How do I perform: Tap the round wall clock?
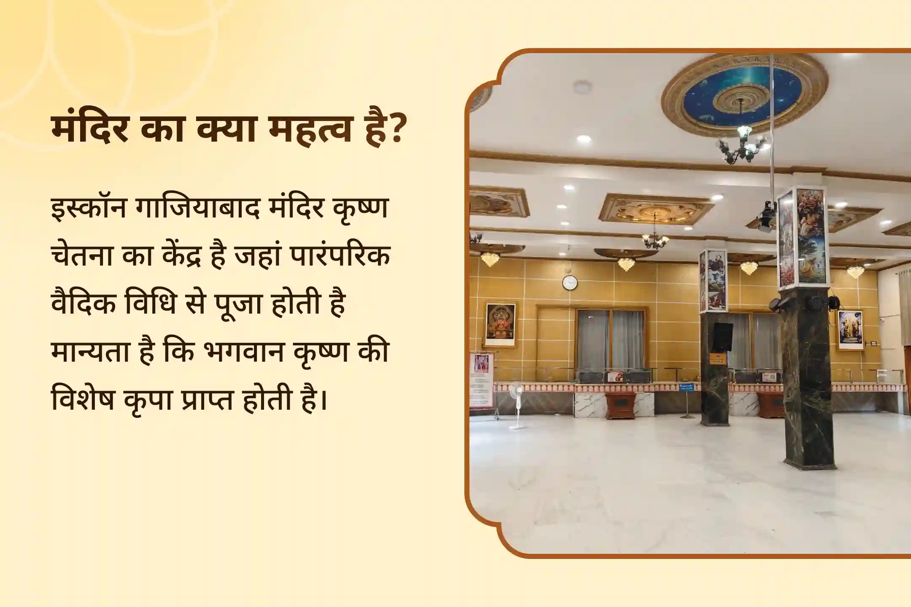(x=569, y=282)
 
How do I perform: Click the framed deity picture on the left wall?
(x=501, y=324)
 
